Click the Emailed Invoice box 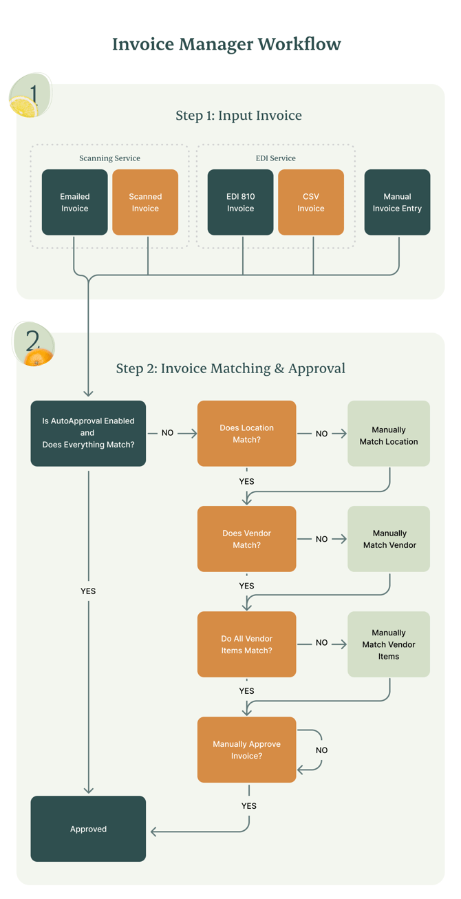tap(74, 202)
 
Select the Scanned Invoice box tap(145, 202)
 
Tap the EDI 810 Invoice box tap(240, 202)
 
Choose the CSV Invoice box tap(310, 202)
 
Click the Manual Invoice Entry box tap(397, 202)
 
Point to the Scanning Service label tap(109, 158)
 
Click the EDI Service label tap(275, 158)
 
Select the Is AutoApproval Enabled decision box tap(88, 433)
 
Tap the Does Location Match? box tap(246, 433)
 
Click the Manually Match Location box tap(389, 435)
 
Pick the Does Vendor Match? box tap(246, 539)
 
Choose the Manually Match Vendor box tap(389, 539)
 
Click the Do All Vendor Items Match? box tap(246, 644)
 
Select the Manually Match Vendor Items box tap(389, 644)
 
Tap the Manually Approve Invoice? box tap(246, 750)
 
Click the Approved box tap(88, 829)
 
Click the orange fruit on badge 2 tap(39, 357)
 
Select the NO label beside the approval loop tap(321, 750)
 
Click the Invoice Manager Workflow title tap(226, 45)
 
